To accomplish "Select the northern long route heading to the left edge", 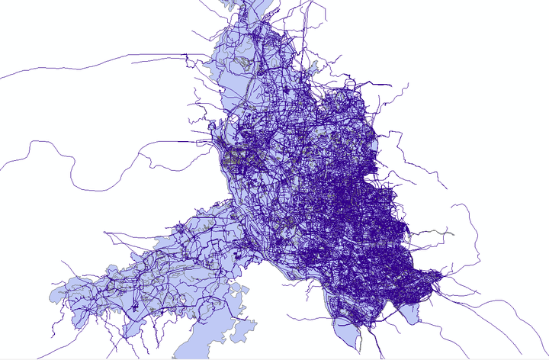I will [91, 61].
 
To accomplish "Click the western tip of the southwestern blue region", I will [50, 294].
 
